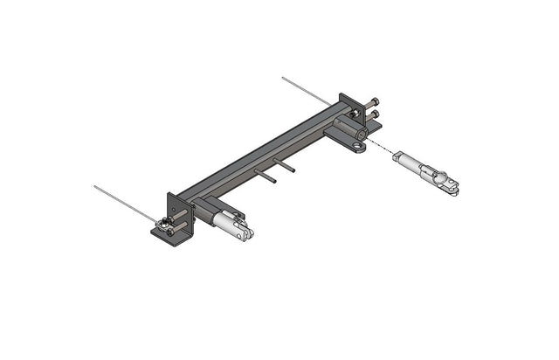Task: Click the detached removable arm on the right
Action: click(x=425, y=170)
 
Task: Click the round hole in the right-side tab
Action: click(x=359, y=146)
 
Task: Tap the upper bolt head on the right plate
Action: click(x=374, y=101)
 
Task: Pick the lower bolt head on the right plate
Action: click(x=376, y=114)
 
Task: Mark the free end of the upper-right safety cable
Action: click(x=284, y=79)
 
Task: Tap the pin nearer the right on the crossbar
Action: click(x=286, y=165)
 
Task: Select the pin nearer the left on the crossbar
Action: click(x=266, y=177)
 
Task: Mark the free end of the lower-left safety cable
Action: click(x=95, y=186)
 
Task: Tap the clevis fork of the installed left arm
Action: click(x=247, y=232)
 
